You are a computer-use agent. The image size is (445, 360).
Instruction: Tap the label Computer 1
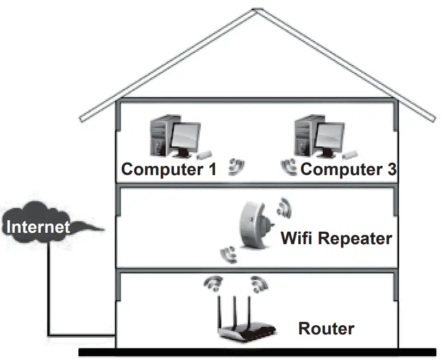coord(169,169)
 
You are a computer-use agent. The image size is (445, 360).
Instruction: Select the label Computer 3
coord(348,169)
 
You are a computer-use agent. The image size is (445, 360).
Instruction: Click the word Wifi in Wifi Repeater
coord(297,238)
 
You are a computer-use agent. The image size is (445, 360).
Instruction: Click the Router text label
coord(326,328)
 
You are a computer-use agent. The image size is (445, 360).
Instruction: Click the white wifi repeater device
coord(253,226)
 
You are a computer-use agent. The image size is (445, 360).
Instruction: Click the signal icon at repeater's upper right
coord(283,206)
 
